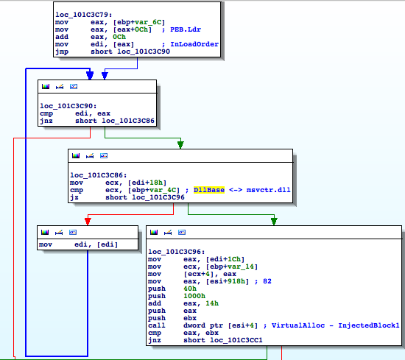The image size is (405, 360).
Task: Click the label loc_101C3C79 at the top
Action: pos(84,15)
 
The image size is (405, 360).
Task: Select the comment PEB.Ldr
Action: pos(185,29)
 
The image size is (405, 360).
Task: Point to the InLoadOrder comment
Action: pos(194,44)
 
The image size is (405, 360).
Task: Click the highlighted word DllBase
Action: pos(209,190)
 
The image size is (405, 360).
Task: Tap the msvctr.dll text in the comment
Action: pos(268,190)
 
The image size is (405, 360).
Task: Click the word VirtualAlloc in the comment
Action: pos(297,325)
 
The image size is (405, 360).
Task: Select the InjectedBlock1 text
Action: pos(369,325)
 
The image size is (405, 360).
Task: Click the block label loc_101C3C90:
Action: pos(68,106)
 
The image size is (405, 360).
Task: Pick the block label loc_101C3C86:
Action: pos(99,175)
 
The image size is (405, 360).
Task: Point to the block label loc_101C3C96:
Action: pos(177,252)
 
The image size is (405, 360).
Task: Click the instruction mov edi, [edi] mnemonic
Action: pos(46,244)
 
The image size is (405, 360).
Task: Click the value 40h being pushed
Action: pos(190,289)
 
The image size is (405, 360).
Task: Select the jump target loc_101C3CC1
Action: pos(236,340)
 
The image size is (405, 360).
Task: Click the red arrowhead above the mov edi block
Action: pos(88,222)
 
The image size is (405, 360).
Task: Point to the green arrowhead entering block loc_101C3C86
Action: pos(180,145)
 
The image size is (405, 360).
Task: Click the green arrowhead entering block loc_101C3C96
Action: pos(274,222)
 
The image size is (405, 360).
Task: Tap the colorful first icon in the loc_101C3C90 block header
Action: pos(46,87)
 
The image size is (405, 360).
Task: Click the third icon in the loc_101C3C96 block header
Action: pos(182,233)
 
